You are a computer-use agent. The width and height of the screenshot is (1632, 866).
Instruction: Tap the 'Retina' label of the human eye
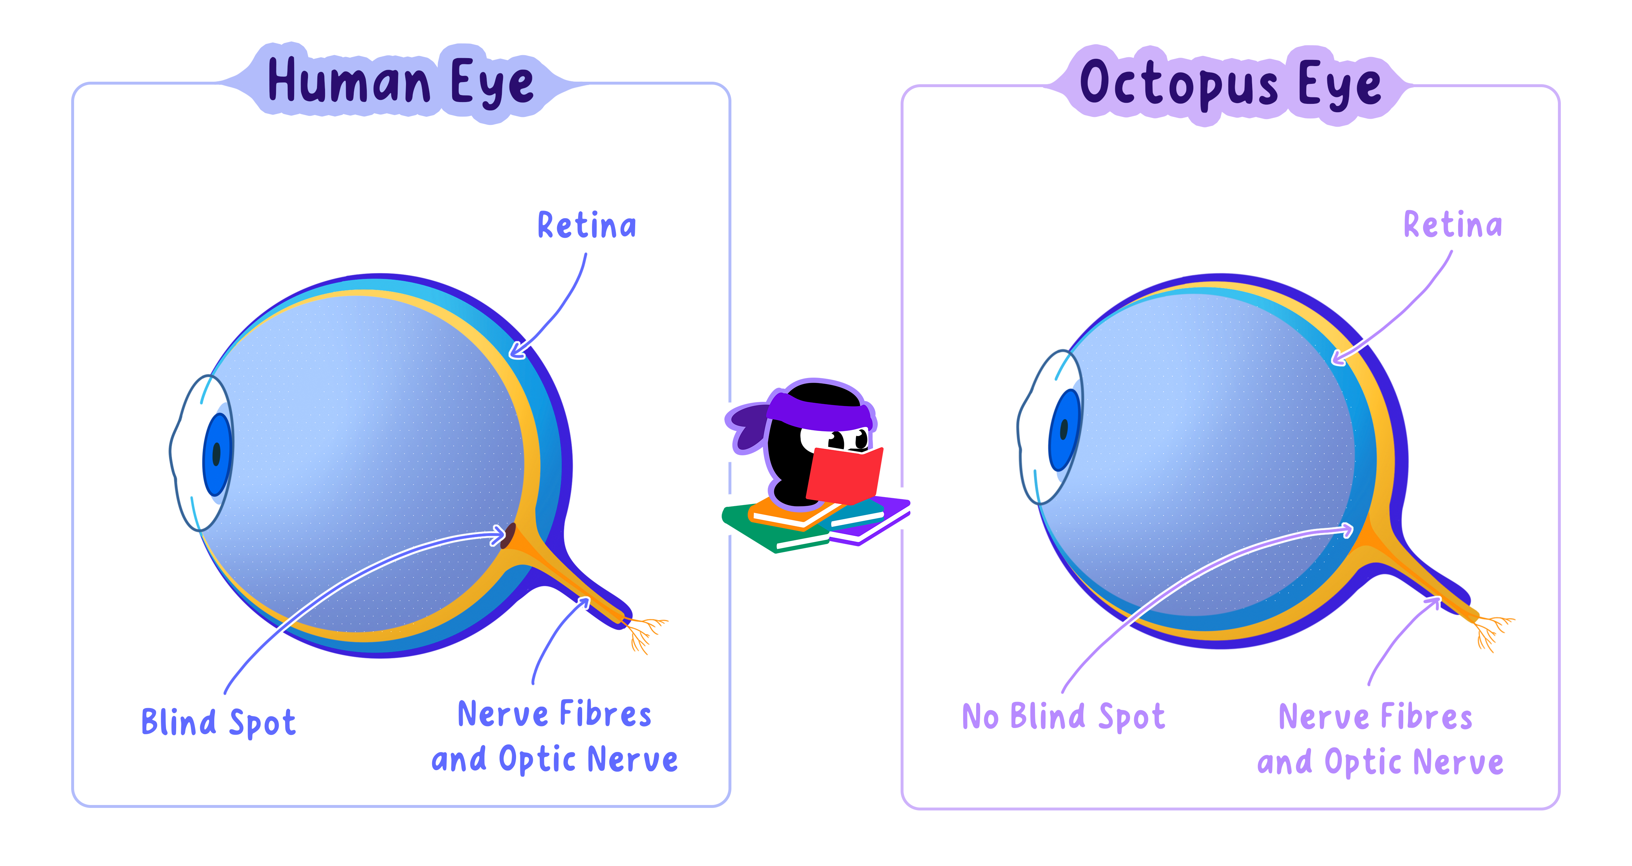coord(586,226)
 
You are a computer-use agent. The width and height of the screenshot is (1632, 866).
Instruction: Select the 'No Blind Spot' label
coord(1063,716)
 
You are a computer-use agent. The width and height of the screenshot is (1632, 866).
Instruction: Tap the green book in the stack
coord(767,529)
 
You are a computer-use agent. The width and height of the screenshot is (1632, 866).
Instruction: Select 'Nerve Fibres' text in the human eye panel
coord(554,715)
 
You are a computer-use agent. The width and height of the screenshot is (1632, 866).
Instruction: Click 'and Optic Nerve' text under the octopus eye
coord(1380,762)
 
